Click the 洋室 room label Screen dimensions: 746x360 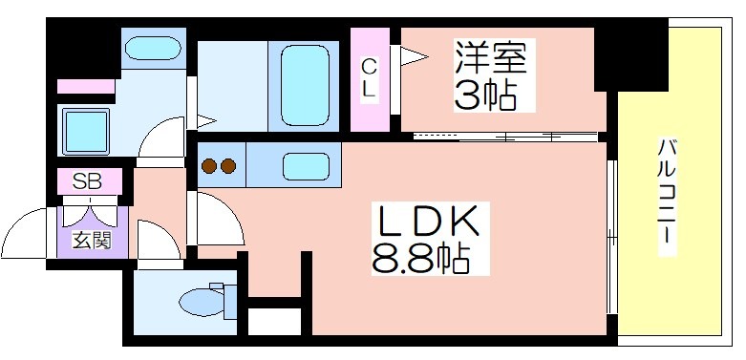click(x=491, y=57)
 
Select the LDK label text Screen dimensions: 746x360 click(x=428, y=222)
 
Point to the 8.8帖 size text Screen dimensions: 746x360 click(x=420, y=259)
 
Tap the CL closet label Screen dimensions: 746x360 click(x=369, y=78)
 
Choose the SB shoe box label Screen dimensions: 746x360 click(x=87, y=181)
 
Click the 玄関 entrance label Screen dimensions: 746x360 click(x=92, y=240)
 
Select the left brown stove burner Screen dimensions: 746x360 click(x=209, y=166)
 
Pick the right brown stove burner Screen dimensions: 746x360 click(x=228, y=166)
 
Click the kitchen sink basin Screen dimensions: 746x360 click(x=306, y=166)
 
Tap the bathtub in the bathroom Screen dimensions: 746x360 click(x=305, y=86)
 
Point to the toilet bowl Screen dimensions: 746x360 click(x=202, y=302)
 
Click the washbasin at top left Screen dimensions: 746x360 click(x=153, y=49)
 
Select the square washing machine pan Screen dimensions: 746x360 click(x=86, y=132)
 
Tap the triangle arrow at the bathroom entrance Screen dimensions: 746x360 click(x=206, y=121)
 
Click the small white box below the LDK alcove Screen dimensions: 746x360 click(x=275, y=322)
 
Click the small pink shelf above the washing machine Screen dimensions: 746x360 click(x=86, y=87)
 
